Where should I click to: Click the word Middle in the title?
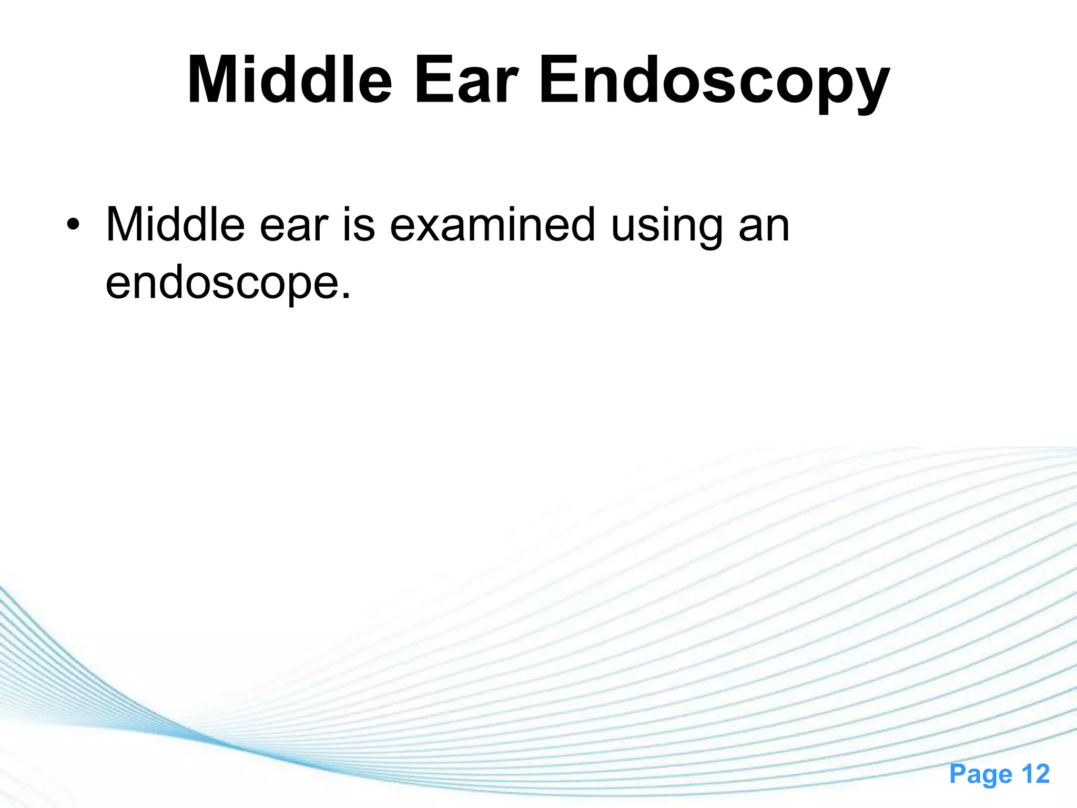pos(290,81)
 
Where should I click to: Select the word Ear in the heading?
pos(466,81)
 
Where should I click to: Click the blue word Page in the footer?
pos(981,774)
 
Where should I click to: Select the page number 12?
pos(1035,774)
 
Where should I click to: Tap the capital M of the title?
pos(213,81)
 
